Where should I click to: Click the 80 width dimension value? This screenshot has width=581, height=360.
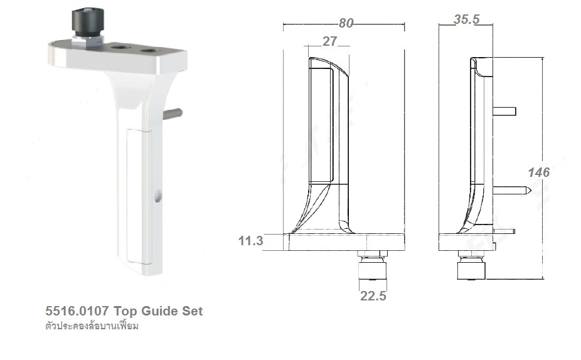click(x=346, y=23)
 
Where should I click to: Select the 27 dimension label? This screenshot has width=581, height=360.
click(x=330, y=42)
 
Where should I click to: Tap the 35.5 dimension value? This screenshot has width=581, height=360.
click(x=466, y=19)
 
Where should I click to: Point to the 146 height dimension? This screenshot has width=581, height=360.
click(x=538, y=172)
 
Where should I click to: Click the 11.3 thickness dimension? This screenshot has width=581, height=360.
click(x=250, y=240)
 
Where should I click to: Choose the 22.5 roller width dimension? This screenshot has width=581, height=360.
click(x=373, y=295)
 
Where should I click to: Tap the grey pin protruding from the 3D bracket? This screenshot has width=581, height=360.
click(x=173, y=114)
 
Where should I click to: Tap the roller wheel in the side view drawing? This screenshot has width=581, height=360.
click(x=471, y=270)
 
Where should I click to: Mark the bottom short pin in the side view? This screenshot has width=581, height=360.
click(x=504, y=231)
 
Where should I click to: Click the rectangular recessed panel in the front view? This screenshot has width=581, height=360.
click(x=321, y=125)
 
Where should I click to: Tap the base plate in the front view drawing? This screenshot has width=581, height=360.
click(x=344, y=242)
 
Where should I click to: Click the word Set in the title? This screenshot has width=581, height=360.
click(x=192, y=311)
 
